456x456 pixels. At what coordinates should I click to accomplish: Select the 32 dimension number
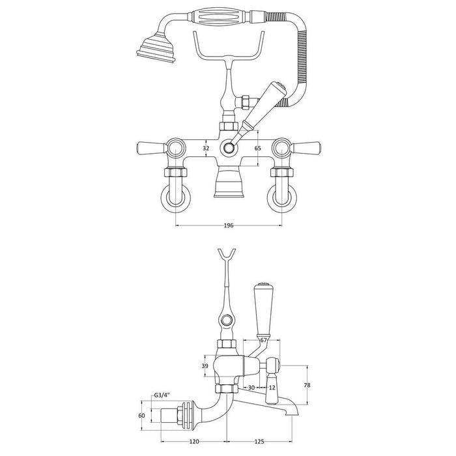coord(206,149)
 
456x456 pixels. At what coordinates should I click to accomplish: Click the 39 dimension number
coord(206,367)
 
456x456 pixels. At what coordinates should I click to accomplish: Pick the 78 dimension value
coord(307,386)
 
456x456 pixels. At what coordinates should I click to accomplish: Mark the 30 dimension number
coord(251,388)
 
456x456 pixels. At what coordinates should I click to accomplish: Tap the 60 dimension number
coord(141,415)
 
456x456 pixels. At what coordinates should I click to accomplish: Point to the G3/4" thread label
coord(163,395)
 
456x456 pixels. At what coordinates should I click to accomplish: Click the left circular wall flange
coord(176,195)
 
